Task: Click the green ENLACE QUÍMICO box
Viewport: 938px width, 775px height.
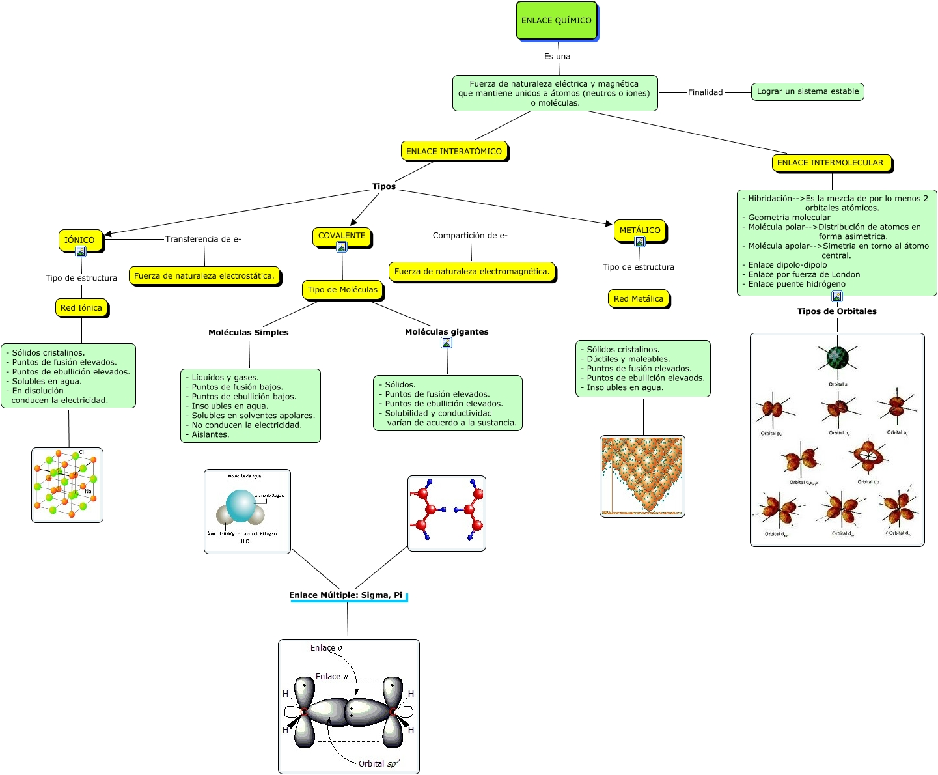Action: pyautogui.click(x=557, y=21)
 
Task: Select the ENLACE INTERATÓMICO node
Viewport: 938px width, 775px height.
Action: pyautogui.click(x=454, y=151)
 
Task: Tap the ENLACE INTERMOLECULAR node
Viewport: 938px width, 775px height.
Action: pyautogui.click(x=831, y=163)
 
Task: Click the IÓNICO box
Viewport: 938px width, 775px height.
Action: pyautogui.click(x=79, y=239)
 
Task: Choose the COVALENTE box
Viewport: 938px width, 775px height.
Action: pyautogui.click(x=342, y=235)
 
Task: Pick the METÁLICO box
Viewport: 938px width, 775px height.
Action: pyautogui.click(x=640, y=230)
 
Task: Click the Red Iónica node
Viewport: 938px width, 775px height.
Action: pyautogui.click(x=81, y=307)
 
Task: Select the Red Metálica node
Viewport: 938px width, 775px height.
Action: pyautogui.click(x=639, y=299)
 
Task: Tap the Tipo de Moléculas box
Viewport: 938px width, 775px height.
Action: pyautogui.click(x=342, y=290)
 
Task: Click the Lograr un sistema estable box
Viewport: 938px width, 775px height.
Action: pyautogui.click(x=808, y=91)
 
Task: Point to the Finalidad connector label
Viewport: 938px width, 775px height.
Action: pyautogui.click(x=706, y=92)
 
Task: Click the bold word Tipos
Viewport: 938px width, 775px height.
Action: pyautogui.click(x=384, y=186)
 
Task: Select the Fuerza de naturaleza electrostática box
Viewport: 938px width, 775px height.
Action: pyautogui.click(x=204, y=276)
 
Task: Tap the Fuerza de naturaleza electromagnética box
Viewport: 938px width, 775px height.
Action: pyautogui.click(x=472, y=272)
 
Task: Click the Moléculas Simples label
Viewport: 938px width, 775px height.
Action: pyautogui.click(x=249, y=333)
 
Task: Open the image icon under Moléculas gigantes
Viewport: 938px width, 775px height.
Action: pyautogui.click(x=447, y=343)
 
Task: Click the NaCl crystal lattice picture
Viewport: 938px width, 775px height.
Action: pyautogui.click(x=67, y=485)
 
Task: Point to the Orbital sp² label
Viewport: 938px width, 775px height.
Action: pyautogui.click(x=379, y=763)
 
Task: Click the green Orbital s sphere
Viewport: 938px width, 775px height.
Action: pyautogui.click(x=837, y=357)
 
